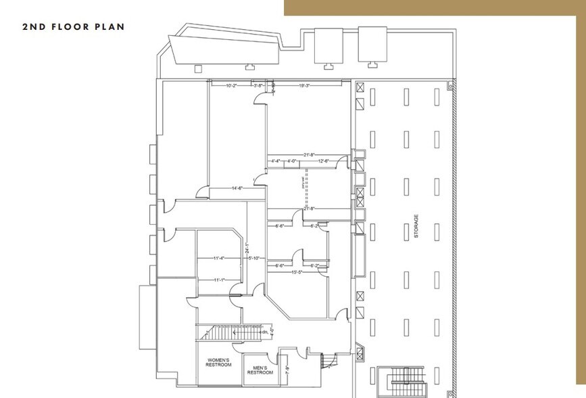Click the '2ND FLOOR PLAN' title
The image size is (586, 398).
coord(74,27)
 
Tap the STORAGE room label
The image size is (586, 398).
coord(416,226)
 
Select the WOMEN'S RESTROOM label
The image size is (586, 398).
coord(218,362)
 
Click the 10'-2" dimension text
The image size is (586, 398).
coord(231,86)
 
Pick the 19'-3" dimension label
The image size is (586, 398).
coord(304,86)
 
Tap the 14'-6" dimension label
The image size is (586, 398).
coord(237,187)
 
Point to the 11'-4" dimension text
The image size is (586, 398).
coord(218,258)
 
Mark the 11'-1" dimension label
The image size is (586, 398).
coord(218,280)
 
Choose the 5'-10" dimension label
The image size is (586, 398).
coord(254,258)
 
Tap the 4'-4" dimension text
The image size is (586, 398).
coord(276,161)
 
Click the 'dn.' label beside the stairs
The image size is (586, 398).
coord(264,332)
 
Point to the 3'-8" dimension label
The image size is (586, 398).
coord(258,86)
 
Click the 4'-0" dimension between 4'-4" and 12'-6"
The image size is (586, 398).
coord(292,161)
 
